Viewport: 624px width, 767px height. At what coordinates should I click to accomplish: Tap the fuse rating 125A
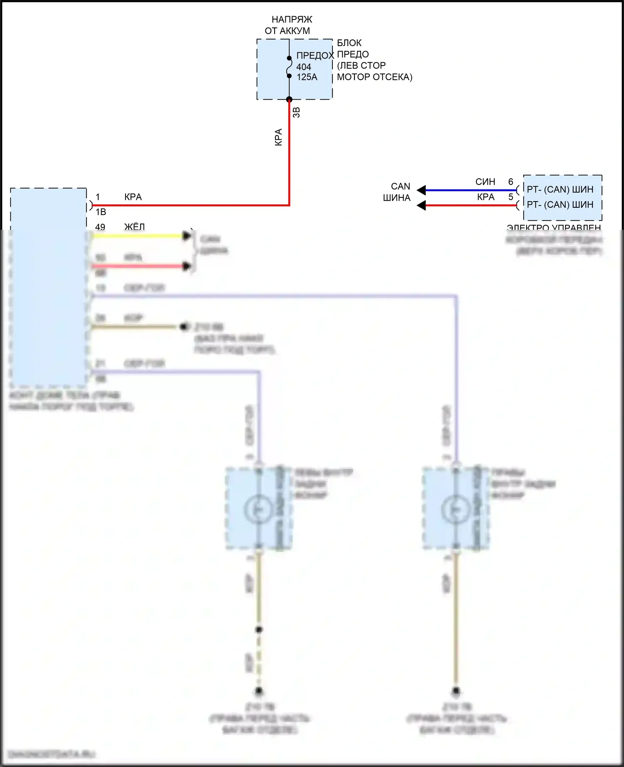coord(307,77)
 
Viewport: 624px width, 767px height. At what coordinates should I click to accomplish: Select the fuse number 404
coord(304,67)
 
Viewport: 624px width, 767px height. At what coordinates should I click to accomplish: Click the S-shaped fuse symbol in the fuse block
coord(289,67)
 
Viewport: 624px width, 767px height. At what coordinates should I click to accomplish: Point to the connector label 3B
coord(296,112)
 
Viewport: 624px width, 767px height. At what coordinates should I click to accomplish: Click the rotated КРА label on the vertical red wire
coord(278,137)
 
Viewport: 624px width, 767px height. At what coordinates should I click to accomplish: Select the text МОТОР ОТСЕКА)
coord(374,77)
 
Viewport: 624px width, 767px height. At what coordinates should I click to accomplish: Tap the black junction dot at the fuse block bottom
coord(289,99)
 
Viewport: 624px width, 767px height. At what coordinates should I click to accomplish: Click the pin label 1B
coord(101,212)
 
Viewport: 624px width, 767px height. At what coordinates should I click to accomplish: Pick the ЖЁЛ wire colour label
coord(134,227)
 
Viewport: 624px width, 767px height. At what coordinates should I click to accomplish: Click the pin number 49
coord(100,227)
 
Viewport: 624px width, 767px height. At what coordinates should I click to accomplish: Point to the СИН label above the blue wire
coord(485,182)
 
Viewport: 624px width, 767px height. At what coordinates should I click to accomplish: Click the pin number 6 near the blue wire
coord(510,182)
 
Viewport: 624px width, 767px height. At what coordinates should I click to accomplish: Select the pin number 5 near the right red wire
coord(510,197)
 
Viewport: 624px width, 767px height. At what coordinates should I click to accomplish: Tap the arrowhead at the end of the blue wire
coord(421,190)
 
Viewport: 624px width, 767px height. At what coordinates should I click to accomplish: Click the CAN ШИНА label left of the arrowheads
coord(397,192)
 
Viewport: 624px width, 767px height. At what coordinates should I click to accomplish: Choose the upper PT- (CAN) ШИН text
coord(560,189)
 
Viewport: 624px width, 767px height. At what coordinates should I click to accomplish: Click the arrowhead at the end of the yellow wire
coord(187,236)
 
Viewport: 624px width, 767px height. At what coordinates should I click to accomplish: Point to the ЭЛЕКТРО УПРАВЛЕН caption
coord(554,228)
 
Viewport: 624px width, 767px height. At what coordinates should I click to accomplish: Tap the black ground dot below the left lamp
coord(259,691)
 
